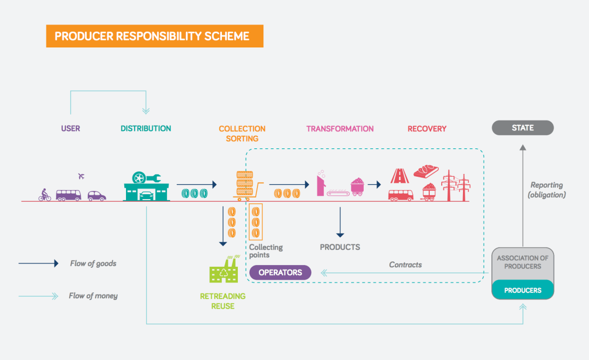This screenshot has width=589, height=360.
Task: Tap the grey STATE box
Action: tap(522, 128)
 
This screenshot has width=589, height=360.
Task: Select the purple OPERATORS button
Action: tap(280, 272)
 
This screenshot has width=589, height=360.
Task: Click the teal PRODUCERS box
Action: tap(522, 290)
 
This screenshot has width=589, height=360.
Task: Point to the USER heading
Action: tap(70, 129)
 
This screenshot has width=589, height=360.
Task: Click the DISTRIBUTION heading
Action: tap(146, 129)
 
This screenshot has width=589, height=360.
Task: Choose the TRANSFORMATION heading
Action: tap(340, 129)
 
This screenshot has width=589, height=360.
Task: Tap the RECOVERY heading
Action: tap(427, 129)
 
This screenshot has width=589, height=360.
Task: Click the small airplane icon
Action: tap(81, 176)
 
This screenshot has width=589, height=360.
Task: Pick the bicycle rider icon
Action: tap(44, 195)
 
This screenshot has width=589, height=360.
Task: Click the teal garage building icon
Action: tap(146, 187)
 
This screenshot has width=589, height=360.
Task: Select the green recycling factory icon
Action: tap(224, 270)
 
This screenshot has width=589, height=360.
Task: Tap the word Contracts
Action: tap(405, 265)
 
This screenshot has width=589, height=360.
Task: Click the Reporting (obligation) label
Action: tap(546, 190)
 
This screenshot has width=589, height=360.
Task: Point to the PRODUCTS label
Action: tap(340, 247)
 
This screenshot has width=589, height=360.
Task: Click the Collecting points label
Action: tap(266, 251)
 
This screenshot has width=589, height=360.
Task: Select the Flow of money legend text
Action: tap(93, 296)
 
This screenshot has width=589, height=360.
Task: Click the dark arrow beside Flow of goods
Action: tap(38, 263)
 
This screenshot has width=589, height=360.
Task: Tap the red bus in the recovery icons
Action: tap(400, 195)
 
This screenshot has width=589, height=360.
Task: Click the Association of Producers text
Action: tap(522, 262)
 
